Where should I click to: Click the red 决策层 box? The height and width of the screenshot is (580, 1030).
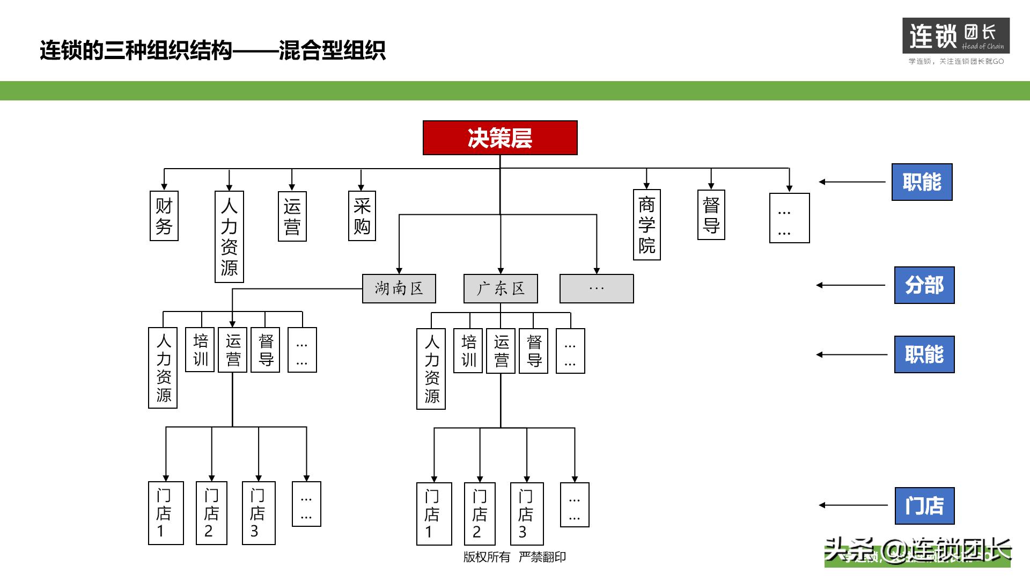(500, 138)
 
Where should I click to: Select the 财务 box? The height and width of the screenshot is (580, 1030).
(164, 216)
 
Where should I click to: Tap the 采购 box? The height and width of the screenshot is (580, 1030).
(362, 216)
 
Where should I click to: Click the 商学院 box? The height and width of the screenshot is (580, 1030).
(646, 224)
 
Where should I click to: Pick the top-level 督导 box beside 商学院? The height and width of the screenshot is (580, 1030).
(711, 215)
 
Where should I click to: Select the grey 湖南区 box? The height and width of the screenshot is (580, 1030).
(399, 289)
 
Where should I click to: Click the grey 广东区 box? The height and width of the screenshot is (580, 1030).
(501, 289)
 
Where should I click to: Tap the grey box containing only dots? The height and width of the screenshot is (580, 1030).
(597, 289)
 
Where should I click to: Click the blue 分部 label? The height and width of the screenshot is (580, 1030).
(924, 285)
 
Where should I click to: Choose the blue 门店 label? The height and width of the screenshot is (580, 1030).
(924, 506)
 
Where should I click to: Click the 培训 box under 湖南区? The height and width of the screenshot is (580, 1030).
(200, 350)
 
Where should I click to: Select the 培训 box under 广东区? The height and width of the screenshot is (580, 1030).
(468, 351)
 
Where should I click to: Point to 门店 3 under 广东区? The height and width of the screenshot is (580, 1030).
(526, 514)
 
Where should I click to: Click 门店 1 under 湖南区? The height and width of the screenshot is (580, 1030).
(166, 513)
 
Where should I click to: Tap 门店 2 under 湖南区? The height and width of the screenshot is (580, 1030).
(211, 513)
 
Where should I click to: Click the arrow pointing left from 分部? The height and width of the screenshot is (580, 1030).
(851, 285)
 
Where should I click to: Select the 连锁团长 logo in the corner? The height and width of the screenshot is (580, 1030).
(955, 36)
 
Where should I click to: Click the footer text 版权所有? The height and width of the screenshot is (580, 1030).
(487, 557)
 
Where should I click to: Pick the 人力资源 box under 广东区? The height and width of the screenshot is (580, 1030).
(431, 369)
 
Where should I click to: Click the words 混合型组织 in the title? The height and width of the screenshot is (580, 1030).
(332, 50)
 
